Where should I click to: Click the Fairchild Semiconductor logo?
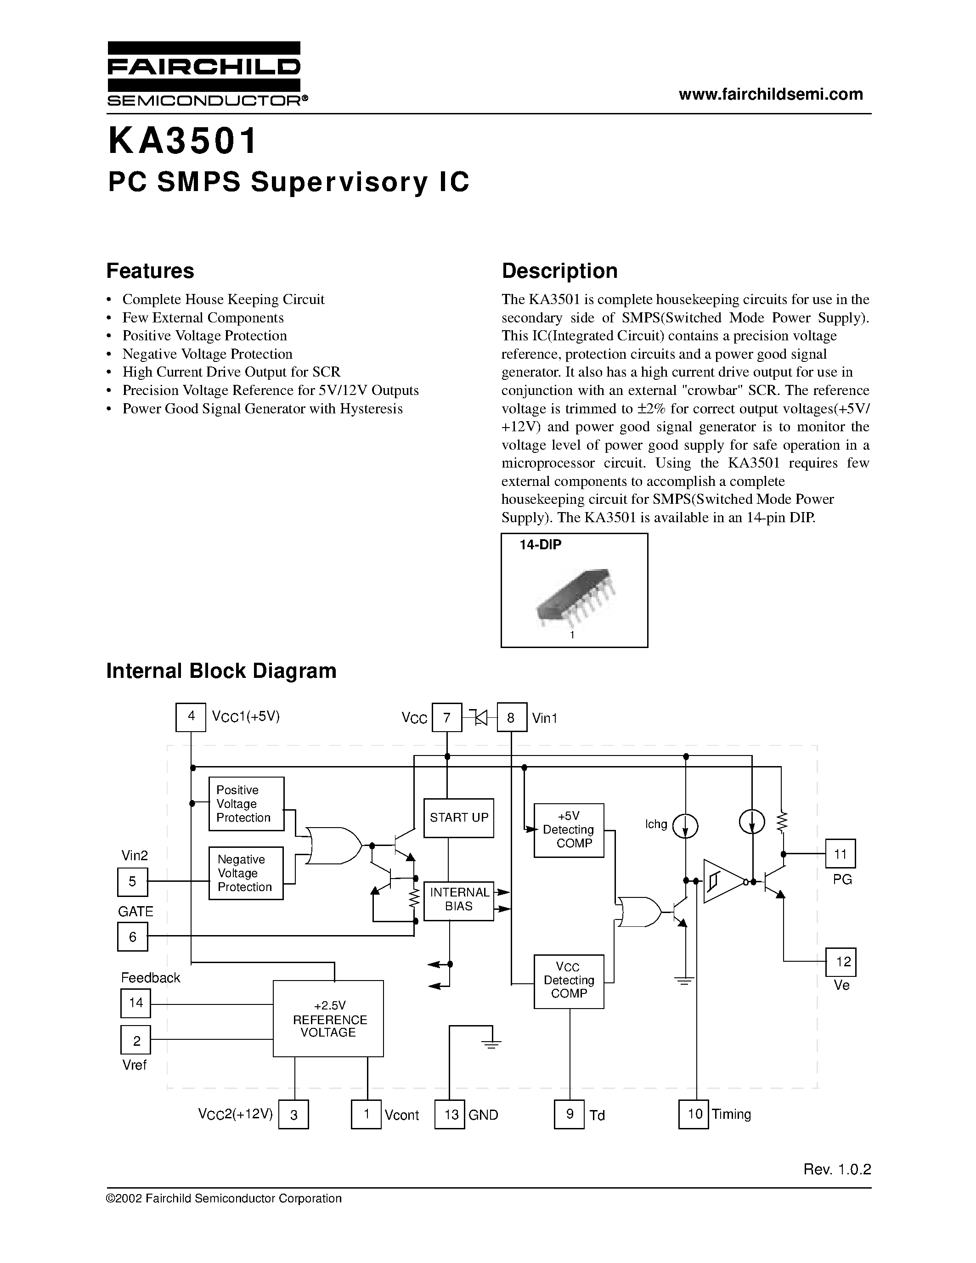tap(203, 73)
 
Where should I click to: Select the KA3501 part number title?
tap(182, 141)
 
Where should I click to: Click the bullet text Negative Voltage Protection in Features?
tap(207, 354)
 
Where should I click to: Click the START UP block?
tap(458, 818)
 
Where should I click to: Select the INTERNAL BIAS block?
tap(458, 901)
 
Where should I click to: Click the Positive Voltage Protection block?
tap(246, 804)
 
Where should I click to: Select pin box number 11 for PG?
tap(840, 854)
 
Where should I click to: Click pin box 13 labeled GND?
tap(450, 1114)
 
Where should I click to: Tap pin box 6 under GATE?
tap(132, 937)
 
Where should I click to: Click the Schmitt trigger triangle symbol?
tap(722, 881)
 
